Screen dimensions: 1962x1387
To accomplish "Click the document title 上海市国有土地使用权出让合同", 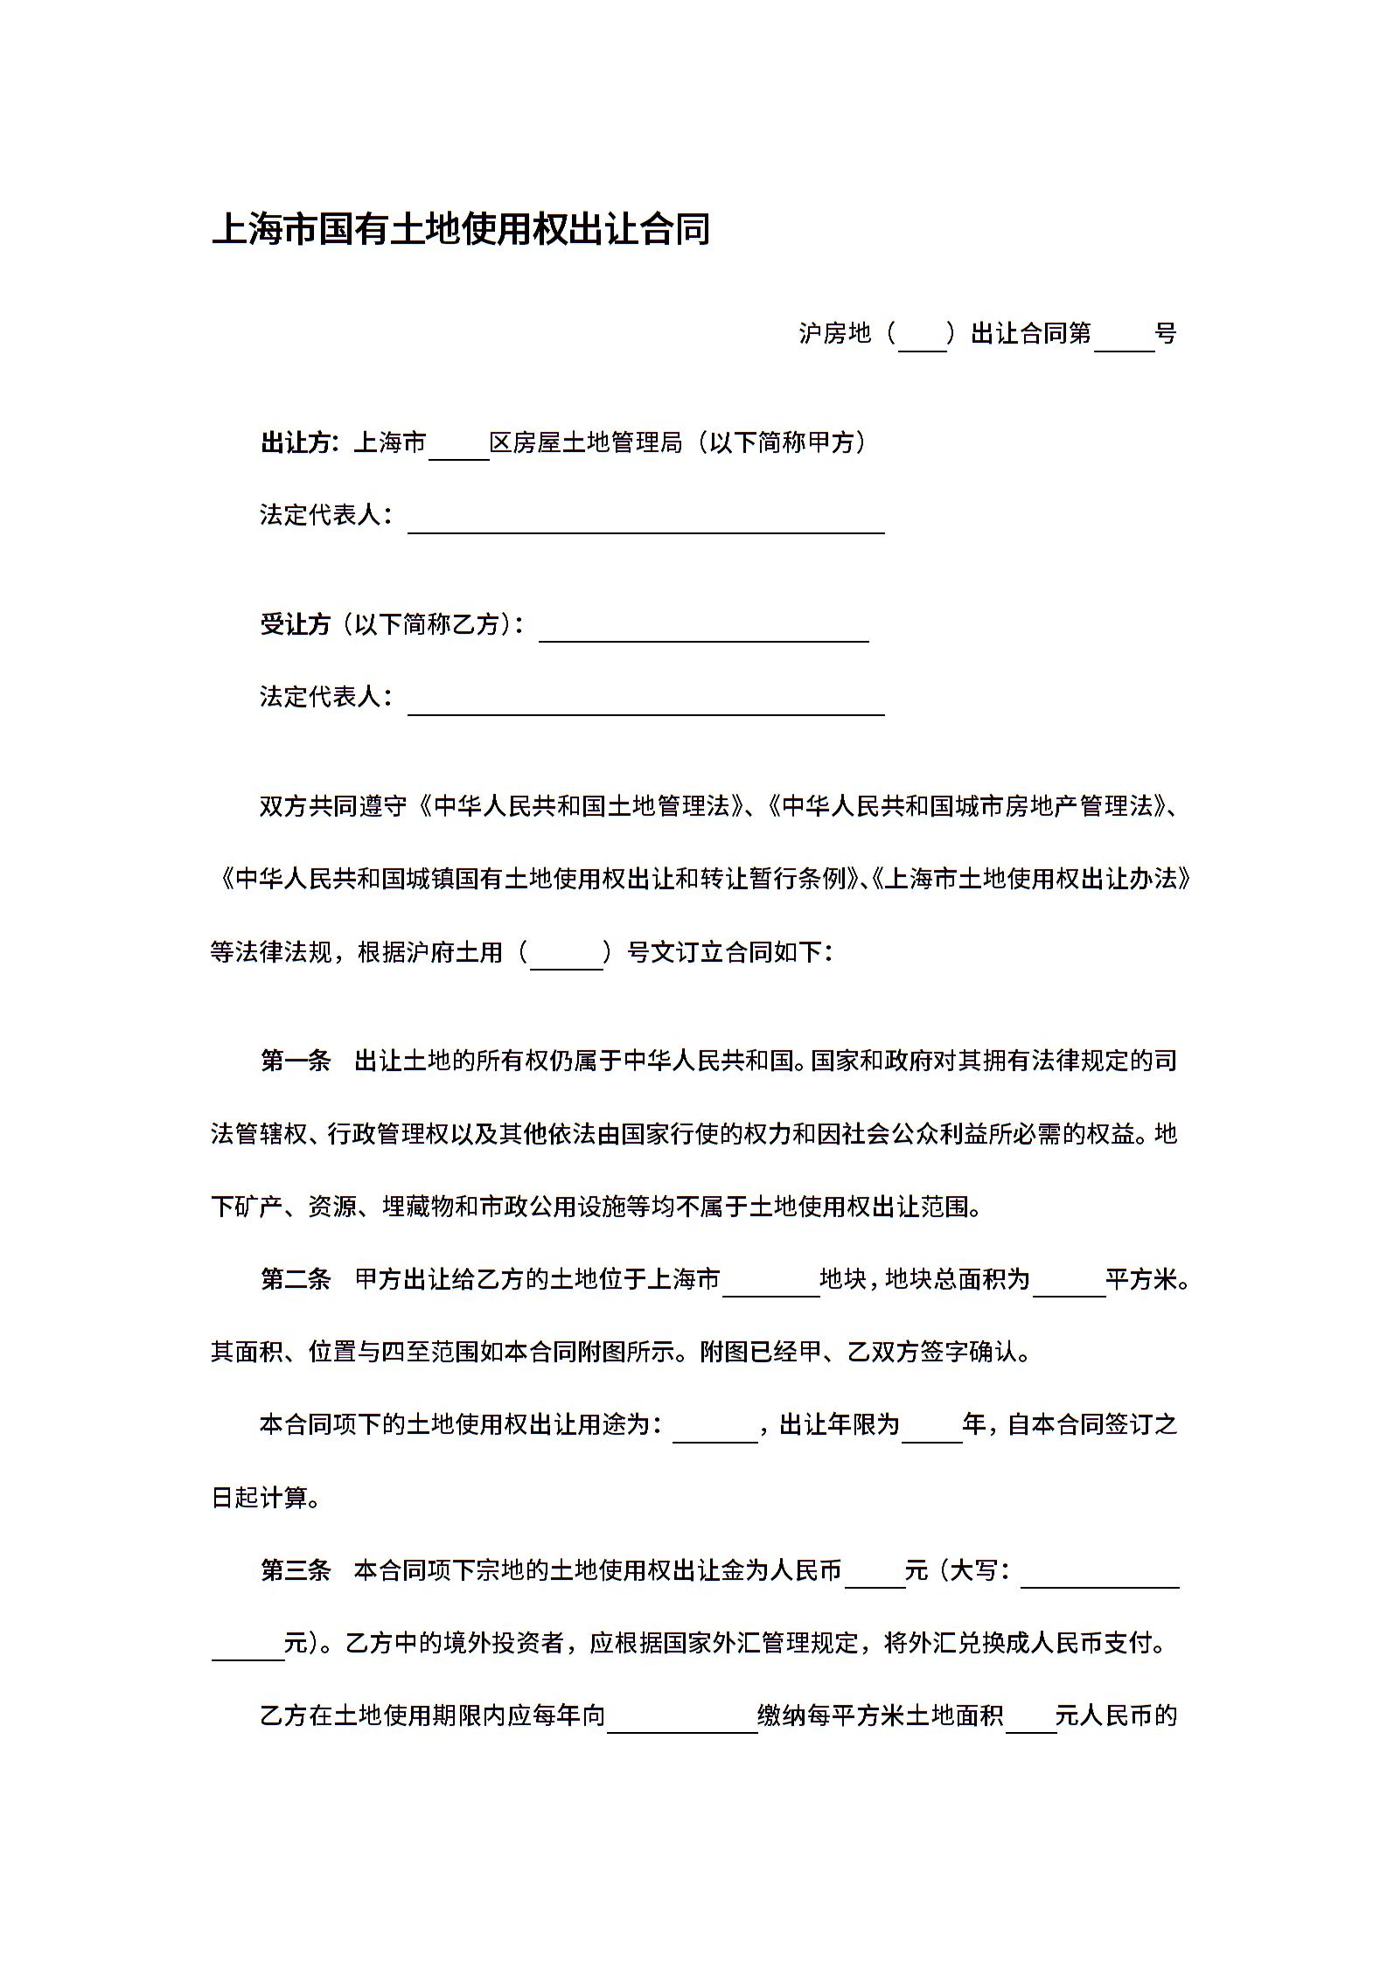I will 461,230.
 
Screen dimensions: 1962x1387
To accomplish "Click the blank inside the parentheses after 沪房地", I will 923,336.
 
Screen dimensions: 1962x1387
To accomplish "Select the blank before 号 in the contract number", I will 1124,336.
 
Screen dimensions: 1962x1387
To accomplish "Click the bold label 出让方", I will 297,443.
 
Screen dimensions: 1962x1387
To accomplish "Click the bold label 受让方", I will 296,624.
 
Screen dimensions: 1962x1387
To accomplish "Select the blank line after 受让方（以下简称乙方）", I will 703,627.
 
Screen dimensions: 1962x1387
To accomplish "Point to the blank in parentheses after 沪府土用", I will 567,954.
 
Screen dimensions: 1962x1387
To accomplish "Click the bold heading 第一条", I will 296,1061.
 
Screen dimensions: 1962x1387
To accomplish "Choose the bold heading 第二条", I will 296,1280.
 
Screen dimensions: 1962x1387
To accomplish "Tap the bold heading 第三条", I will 296,1570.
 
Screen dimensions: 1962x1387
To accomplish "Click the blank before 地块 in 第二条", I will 770,1283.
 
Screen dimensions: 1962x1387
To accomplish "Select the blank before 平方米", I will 1069,1283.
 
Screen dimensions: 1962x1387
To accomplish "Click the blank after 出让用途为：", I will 714,1429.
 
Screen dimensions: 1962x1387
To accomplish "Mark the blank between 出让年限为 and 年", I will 931,1429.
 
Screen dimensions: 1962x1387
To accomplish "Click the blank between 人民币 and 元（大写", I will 875,1574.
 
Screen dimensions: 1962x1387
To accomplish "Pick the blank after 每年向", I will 682,1719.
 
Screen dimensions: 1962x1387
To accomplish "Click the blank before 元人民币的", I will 1031,1719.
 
